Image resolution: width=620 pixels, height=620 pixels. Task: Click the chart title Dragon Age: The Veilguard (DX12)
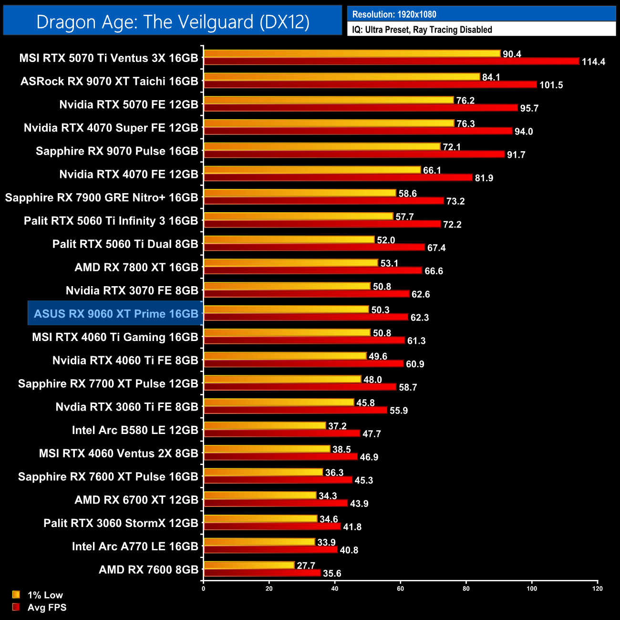(x=173, y=22)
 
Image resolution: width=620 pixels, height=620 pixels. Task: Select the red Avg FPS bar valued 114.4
(x=391, y=62)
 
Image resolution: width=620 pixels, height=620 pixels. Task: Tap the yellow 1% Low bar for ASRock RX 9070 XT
(x=341, y=77)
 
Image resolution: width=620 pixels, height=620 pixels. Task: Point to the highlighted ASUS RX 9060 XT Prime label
(x=116, y=314)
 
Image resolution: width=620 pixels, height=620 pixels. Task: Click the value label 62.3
(x=420, y=318)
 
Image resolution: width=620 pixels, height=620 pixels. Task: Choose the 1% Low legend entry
(x=45, y=595)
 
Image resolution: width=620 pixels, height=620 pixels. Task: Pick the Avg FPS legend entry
(x=47, y=607)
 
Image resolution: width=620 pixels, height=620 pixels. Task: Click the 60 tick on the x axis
(x=400, y=589)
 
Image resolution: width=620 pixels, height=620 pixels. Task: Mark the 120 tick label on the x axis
(x=598, y=589)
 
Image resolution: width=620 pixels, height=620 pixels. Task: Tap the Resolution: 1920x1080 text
(x=394, y=14)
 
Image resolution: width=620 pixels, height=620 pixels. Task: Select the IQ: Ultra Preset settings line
(x=422, y=30)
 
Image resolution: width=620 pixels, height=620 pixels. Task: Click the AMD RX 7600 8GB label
(x=148, y=569)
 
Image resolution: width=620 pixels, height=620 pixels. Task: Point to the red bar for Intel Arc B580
(x=281, y=434)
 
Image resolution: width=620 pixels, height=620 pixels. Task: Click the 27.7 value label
(x=306, y=566)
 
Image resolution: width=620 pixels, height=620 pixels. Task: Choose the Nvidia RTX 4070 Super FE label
(x=111, y=128)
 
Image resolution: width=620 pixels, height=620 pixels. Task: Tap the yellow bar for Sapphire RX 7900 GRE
(x=300, y=193)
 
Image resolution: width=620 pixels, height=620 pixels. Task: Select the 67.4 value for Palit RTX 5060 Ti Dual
(x=436, y=248)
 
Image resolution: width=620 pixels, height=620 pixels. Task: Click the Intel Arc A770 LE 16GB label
(x=135, y=546)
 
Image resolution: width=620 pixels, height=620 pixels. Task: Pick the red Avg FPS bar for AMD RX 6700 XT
(x=276, y=503)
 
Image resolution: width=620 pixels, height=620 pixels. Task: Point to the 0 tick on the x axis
(x=204, y=589)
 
